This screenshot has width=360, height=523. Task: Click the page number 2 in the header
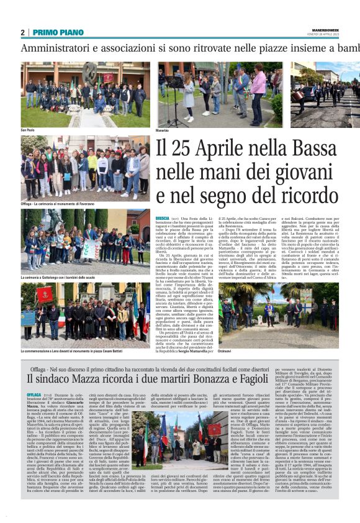coord(22,32)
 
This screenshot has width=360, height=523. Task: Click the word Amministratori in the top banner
coord(60,48)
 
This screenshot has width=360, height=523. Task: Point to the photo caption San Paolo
coord(28,130)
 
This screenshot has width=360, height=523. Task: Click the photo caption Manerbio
coord(162,131)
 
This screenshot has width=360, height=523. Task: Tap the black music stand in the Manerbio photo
coord(174,87)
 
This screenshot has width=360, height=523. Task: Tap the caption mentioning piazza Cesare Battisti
coord(77,352)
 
